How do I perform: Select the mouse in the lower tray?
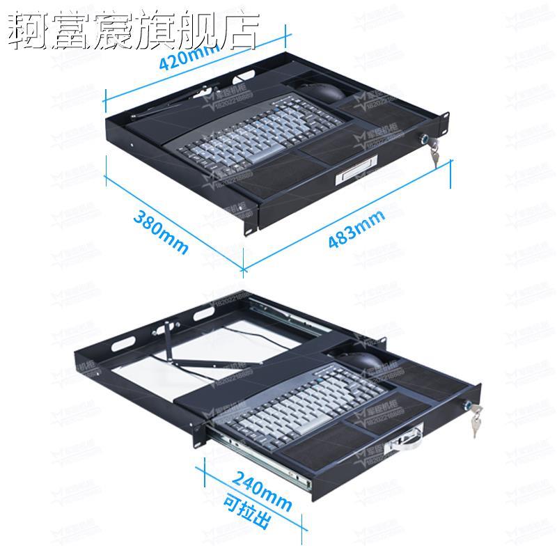(362, 361)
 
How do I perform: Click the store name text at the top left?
(132, 31)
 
